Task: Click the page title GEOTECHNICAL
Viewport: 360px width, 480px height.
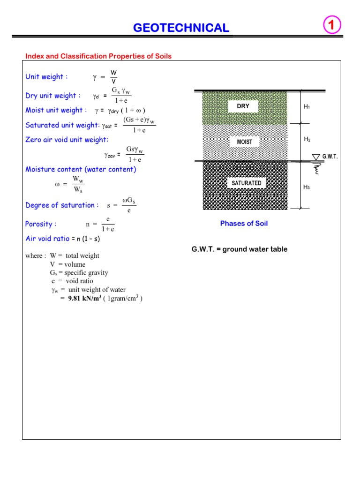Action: point(181,28)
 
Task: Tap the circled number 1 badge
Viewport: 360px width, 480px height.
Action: point(332,26)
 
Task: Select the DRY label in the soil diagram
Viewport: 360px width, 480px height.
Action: point(243,106)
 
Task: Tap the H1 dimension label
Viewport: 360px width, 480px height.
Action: point(307,107)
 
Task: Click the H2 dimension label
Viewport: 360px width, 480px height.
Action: point(307,139)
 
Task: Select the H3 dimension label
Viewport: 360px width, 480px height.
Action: point(307,187)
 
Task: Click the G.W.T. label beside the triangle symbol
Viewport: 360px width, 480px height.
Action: point(330,157)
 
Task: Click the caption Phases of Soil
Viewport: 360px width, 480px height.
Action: point(244,224)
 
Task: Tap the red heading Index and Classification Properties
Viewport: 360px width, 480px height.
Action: point(98,56)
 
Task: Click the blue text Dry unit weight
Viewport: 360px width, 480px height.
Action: point(53,96)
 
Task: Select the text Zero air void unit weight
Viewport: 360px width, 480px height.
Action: point(67,140)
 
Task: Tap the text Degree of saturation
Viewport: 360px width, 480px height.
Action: point(62,205)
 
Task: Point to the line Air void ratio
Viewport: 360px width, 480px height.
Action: point(62,239)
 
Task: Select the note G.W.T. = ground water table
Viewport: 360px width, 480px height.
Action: point(239,249)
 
